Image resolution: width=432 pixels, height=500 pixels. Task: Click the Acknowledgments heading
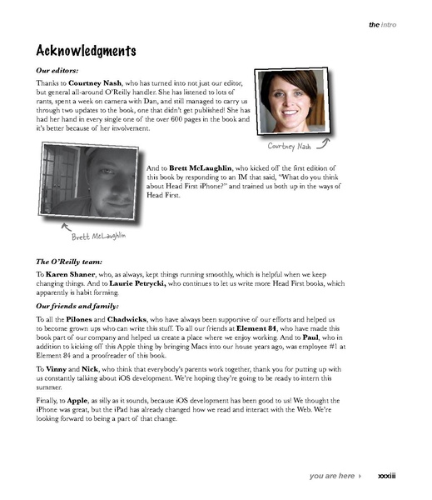tap(87, 51)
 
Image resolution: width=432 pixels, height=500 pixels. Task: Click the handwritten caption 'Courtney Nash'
tap(290, 147)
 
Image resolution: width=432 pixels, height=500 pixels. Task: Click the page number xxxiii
tap(386, 476)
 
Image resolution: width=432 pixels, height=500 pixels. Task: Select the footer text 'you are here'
tap(333, 476)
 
